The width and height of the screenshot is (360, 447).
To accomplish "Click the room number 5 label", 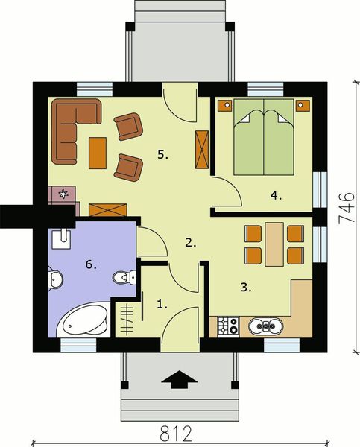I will pyautogui.click(x=162, y=155).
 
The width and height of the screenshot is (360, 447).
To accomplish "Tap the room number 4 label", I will pyautogui.click(x=276, y=196).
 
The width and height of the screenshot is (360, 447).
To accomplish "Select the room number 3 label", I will pyautogui.click(x=245, y=285).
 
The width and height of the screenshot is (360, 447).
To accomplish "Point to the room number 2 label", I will pyautogui.click(x=191, y=242).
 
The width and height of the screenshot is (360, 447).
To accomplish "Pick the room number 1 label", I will pyautogui.click(x=161, y=303).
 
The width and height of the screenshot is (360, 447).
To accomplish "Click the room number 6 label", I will pyautogui.click(x=91, y=264).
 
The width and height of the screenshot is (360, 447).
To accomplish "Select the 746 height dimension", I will pyautogui.click(x=344, y=206).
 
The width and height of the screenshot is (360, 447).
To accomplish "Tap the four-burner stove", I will pyautogui.click(x=227, y=326).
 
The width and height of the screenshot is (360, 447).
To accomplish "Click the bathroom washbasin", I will pyautogui.click(x=61, y=238).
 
